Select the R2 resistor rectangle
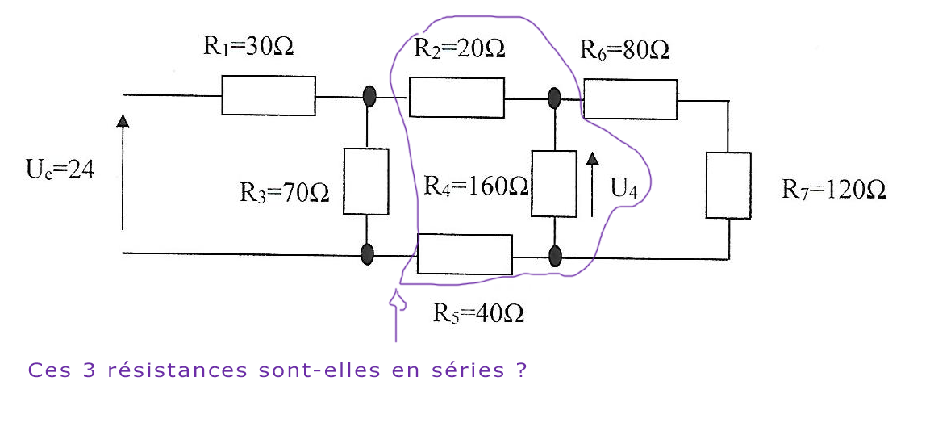457,98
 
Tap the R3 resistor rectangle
365,181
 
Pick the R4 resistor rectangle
554,183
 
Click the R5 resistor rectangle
465,254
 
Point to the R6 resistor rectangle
630,99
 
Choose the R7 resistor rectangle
728,185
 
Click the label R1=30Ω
248,46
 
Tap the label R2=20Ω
460,48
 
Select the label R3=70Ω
284,194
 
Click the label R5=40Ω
478,312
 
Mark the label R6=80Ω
625,51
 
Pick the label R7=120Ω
834,190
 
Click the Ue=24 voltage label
60,170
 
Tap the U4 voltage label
624,190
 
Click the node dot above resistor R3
369,97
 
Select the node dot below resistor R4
555,257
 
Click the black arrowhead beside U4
593,158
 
